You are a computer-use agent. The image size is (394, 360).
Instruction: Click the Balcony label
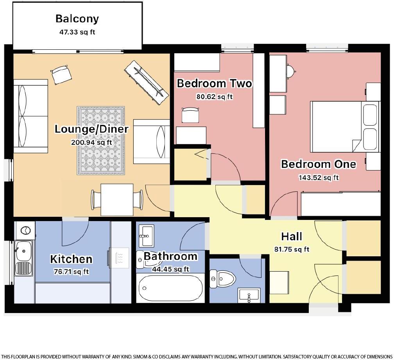tap(77, 18)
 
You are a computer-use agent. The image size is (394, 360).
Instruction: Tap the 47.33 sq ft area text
tap(77, 32)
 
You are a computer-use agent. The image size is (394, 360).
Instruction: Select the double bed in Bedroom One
tap(344, 126)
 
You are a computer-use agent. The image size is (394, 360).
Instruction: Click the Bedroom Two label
tap(214, 83)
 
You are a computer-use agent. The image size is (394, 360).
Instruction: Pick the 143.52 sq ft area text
tap(319, 177)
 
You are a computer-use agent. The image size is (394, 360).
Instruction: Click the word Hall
tap(292, 236)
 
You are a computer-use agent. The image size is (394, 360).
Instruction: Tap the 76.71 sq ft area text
tap(71, 272)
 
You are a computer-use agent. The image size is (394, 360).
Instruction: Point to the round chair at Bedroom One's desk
tap(290, 70)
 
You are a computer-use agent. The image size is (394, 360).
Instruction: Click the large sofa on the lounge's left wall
tap(30, 116)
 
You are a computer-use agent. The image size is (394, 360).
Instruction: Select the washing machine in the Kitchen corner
tap(25, 230)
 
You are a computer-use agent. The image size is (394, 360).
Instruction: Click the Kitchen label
tap(71, 259)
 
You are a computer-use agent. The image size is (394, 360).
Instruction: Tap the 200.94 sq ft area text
tap(91, 142)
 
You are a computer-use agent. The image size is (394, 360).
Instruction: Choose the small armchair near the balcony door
tap(61, 74)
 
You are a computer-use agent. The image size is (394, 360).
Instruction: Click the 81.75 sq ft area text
tap(292, 249)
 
